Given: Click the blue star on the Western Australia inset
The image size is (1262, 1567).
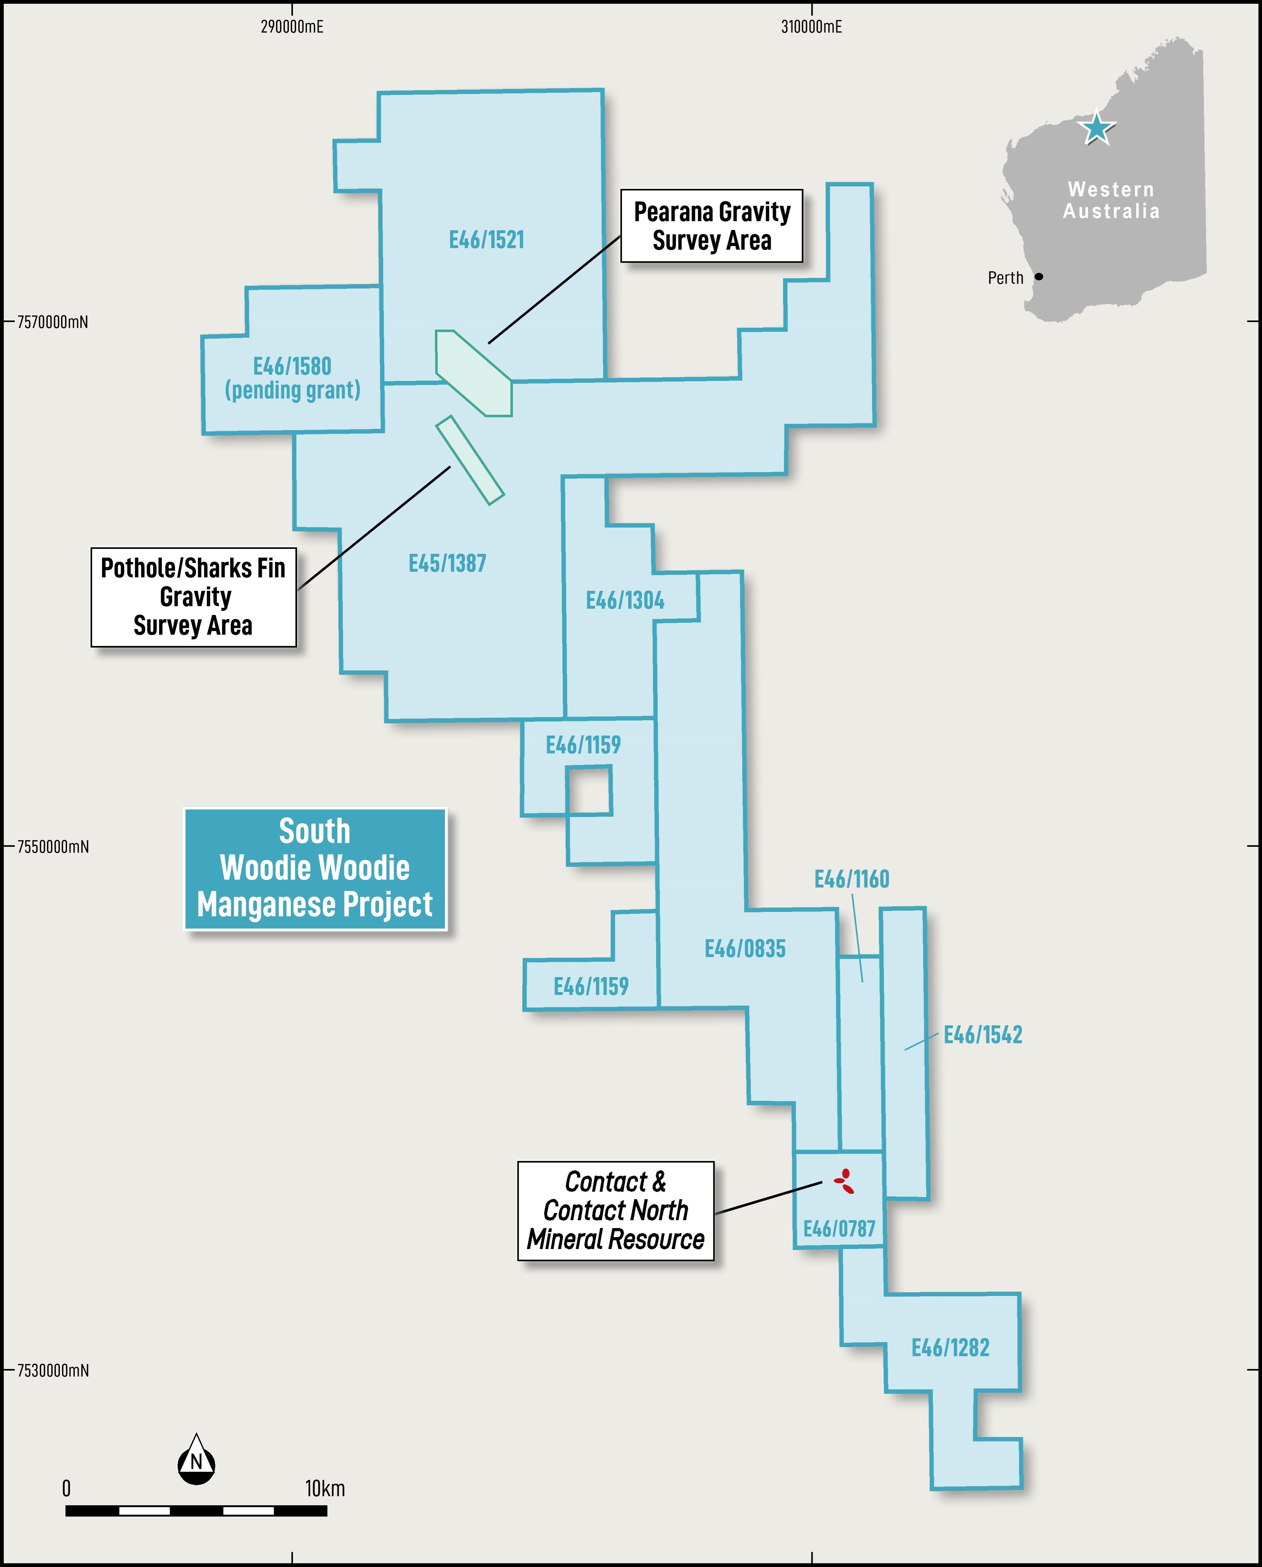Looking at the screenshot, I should click(x=1096, y=129).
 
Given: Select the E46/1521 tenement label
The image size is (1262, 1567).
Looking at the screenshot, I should click(x=486, y=240).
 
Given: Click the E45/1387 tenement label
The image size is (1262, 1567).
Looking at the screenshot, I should click(x=447, y=563).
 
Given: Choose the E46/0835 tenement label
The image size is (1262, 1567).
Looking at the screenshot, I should click(x=745, y=949).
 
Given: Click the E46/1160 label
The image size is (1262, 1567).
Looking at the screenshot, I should click(x=851, y=879).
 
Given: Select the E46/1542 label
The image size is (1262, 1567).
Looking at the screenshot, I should click(x=983, y=1035).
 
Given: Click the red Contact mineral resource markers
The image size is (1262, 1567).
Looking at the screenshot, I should click(x=844, y=1181).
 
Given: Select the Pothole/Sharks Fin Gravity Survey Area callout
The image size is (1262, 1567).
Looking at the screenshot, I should click(x=193, y=597).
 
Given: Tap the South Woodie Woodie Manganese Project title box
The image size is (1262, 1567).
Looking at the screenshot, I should click(x=315, y=868).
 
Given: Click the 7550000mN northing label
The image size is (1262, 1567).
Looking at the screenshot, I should click(x=53, y=847).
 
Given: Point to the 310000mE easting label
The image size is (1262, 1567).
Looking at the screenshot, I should click(x=811, y=27).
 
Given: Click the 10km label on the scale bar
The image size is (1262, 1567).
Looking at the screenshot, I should click(x=325, y=1488).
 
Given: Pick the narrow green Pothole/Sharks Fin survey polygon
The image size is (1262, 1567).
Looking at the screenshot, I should click(x=470, y=460).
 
